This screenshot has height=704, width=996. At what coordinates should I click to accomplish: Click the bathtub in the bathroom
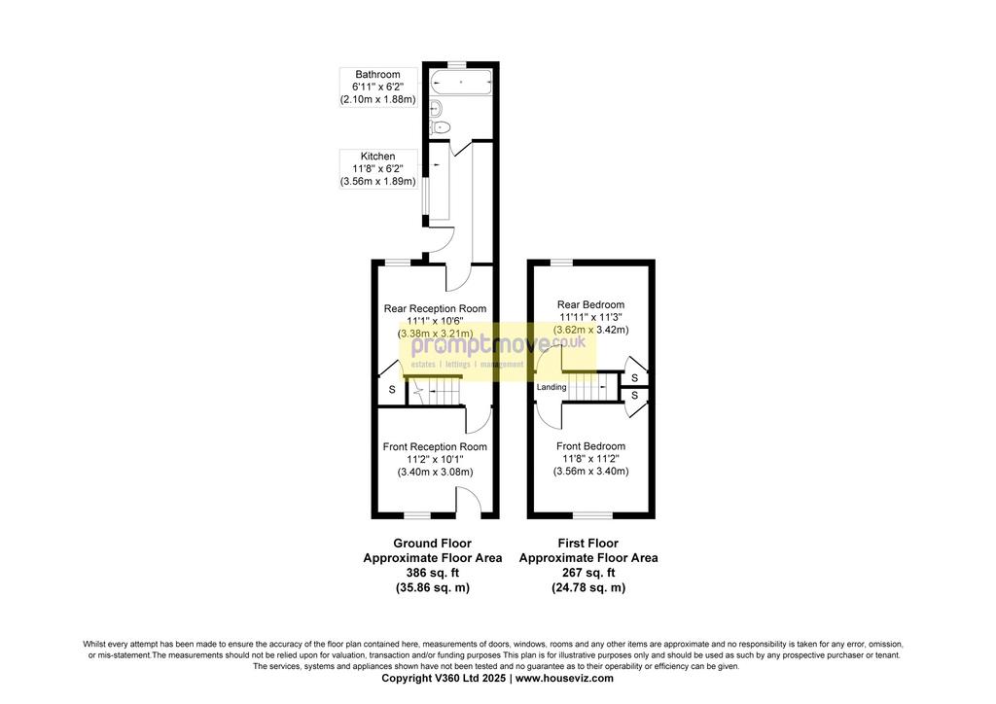point(461,83)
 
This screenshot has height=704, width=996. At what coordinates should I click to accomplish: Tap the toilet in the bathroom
point(440,127)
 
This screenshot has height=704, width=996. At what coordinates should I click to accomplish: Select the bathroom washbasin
point(435,107)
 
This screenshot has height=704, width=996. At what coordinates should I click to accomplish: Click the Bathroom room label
point(378,74)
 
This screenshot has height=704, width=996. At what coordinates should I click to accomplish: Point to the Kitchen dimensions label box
point(378,169)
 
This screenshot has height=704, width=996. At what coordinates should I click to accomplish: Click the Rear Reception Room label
point(435,308)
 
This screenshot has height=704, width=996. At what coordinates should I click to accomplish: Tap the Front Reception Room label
point(435,447)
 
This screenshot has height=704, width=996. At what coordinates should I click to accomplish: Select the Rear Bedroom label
point(590,304)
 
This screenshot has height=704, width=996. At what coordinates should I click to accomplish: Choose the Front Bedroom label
point(590,446)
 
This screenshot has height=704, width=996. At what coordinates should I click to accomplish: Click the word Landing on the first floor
point(551,387)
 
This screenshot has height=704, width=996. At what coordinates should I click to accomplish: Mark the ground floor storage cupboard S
point(392,390)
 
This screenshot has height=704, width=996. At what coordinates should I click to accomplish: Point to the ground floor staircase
point(434,391)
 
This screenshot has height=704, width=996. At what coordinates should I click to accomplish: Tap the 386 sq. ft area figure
point(433,573)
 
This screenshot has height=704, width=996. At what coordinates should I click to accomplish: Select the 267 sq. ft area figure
point(588,573)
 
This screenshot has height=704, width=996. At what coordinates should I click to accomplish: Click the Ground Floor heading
point(433,544)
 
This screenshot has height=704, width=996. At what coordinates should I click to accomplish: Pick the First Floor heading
point(588,544)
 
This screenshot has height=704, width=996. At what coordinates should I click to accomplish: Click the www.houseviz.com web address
point(565,678)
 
